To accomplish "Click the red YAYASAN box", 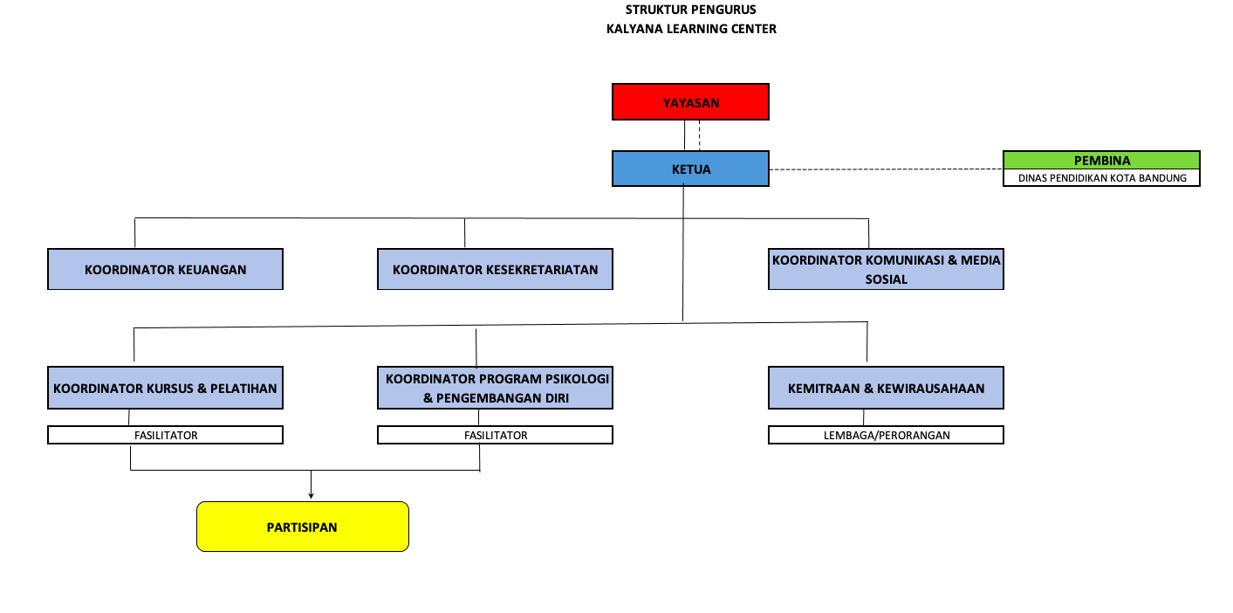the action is pos(690,102).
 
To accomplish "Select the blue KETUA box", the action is pos(690,169).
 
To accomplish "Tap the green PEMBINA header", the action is pos(1101,160).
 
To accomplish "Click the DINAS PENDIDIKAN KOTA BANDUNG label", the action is pos(1102,178).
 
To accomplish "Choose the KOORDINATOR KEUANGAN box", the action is pos(165,269).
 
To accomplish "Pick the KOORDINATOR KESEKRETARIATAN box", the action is pos(495,269).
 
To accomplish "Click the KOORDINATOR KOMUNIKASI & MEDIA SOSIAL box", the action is pos(886,269).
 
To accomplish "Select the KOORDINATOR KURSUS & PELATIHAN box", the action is pos(165,388).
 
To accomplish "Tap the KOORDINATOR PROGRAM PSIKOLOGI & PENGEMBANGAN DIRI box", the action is pos(495,388).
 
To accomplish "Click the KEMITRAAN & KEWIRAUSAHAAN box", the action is pos(886,388).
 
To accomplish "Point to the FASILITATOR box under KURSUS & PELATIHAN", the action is pos(165,435).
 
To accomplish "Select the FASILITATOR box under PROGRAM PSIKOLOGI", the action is pos(495,435).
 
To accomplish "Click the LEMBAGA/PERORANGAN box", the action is pos(886,435).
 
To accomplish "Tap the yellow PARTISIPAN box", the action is pos(302,527).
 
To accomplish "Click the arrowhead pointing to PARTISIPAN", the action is pos(311,496).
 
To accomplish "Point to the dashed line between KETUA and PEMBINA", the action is pos(887,169).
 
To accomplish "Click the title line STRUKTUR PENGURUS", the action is pos(691,10).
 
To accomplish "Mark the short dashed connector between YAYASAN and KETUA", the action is pos(699,135).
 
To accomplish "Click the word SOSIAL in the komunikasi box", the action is pos(886,279).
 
